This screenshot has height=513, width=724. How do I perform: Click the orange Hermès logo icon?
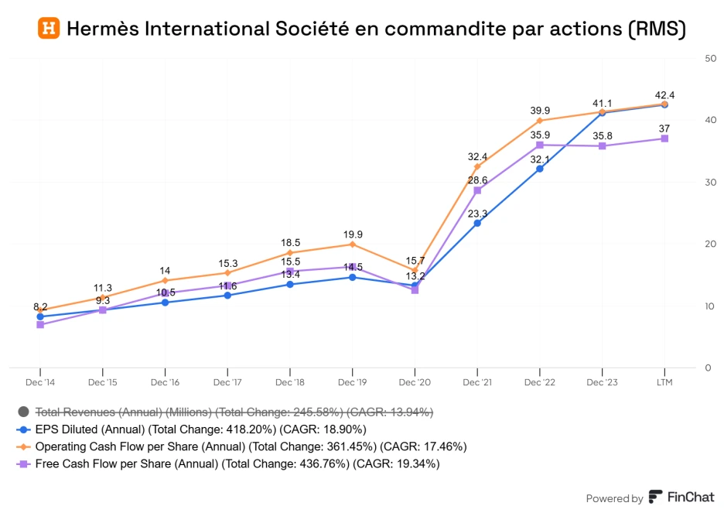coord(48,29)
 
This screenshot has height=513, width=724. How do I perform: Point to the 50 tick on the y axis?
coord(709,58)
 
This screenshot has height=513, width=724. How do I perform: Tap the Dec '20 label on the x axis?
coord(415,382)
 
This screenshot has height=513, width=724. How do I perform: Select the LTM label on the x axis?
coord(664,382)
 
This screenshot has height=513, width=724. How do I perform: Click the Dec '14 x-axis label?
coord(39,382)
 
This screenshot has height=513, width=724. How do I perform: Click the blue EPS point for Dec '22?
coord(539,169)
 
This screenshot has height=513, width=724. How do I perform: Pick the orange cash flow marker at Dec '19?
coord(352,245)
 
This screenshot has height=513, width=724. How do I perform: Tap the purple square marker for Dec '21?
coord(477,190)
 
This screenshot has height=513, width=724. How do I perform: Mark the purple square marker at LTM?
coord(664,139)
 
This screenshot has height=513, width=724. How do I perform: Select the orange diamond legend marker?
coord(23,447)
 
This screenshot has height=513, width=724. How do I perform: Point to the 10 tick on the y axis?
coord(709,306)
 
